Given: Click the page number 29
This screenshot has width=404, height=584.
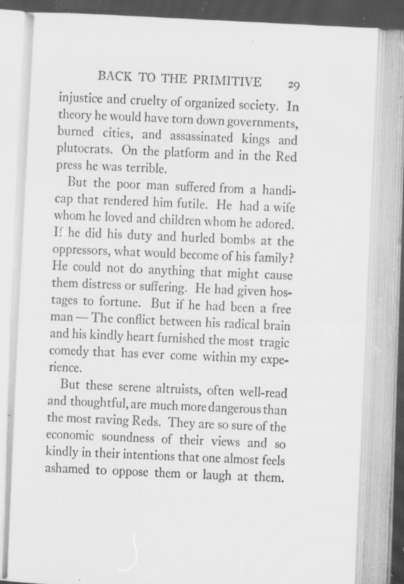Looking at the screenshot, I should pyautogui.click(x=293, y=85).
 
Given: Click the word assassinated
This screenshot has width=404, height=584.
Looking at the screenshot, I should pyautogui.click(x=201, y=137).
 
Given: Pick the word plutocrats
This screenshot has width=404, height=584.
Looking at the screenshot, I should pyautogui.click(x=84, y=150).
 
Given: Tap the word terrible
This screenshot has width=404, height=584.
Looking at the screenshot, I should pyautogui.click(x=145, y=168).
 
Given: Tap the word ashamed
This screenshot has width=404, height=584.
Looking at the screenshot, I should pyautogui.click(x=67, y=469).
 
